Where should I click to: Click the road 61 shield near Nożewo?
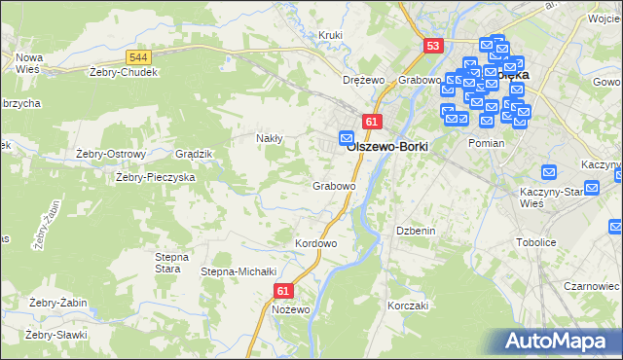pyautogui.click(x=283, y=291)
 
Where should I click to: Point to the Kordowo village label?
pyautogui.click(x=315, y=243)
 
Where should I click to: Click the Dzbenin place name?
pyautogui.click(x=415, y=230)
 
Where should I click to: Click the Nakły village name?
pyautogui.click(x=269, y=138)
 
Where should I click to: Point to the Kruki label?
pyautogui.click(x=332, y=35)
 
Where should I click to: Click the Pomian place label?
pyautogui.click(x=486, y=142)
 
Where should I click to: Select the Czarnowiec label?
pyautogui.click(x=592, y=287)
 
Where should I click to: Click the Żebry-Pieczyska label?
pyautogui.click(x=156, y=178)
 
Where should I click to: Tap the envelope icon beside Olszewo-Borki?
pyautogui.click(x=346, y=137)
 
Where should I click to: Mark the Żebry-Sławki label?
pyautogui.click(x=57, y=335)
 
